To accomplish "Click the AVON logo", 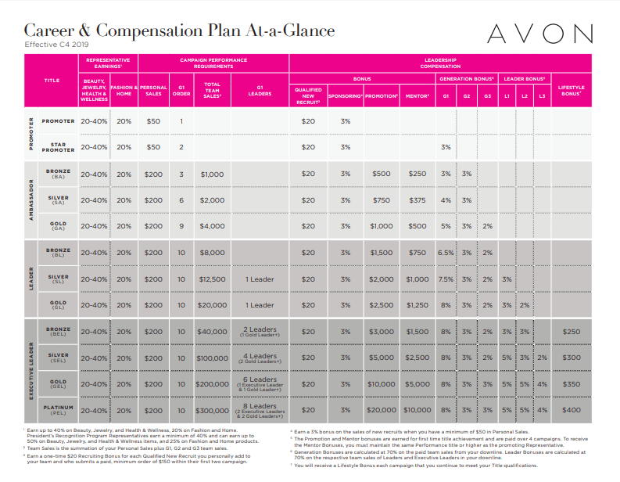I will pyautogui.click(x=539, y=34).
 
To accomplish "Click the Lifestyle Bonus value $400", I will pyautogui.click(x=571, y=409).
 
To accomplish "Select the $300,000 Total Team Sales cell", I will pyautogui.click(x=212, y=409).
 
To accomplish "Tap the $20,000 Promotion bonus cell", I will pyautogui.click(x=382, y=409).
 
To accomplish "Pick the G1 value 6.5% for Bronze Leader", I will pyautogui.click(x=446, y=253).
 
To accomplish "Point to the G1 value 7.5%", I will pyautogui.click(x=446, y=279).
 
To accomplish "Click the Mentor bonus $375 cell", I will pyautogui.click(x=418, y=200).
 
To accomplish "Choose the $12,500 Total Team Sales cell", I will pyautogui.click(x=212, y=279).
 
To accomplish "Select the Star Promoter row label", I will pyautogui.click(x=59, y=147).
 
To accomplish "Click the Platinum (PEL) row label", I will pyautogui.click(x=59, y=409).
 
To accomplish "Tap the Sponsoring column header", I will pyautogui.click(x=346, y=95).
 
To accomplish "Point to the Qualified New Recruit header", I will pyautogui.click(x=308, y=95).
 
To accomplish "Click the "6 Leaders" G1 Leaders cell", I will pyautogui.click(x=259, y=383).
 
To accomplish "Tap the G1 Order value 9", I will pyautogui.click(x=181, y=226).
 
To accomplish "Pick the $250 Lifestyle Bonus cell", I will pyautogui.click(x=571, y=331).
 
